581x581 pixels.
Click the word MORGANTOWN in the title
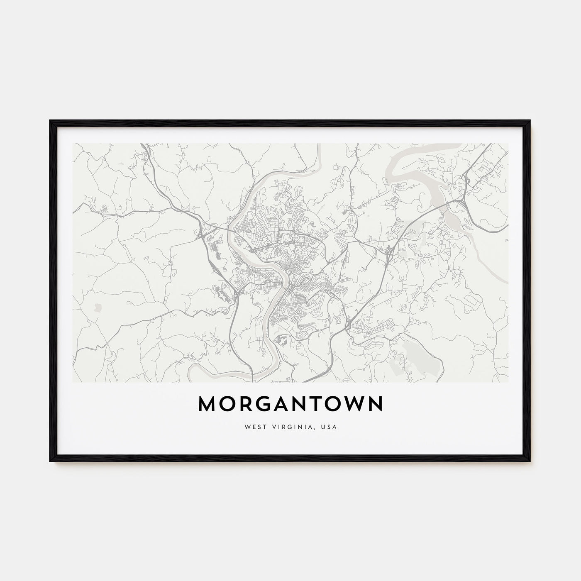tap(290, 404)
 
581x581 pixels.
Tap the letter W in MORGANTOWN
tap(349, 404)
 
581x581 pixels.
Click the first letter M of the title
tap(207, 404)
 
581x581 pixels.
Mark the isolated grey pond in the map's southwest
tap(98, 308)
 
